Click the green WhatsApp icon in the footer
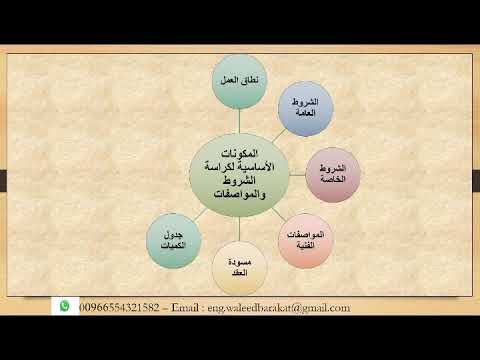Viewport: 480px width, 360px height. pos(65,307)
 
